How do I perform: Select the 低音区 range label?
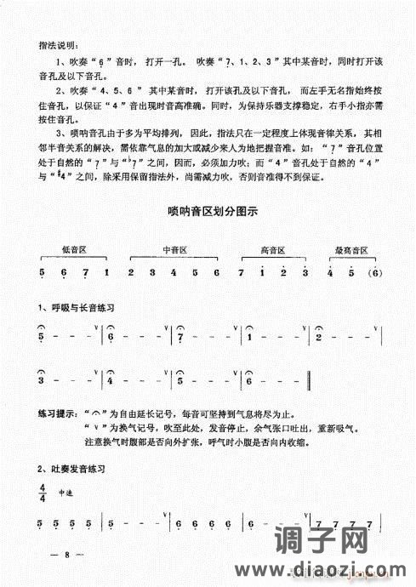click(75, 249)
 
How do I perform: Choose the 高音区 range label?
click(272, 249)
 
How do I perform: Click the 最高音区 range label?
click(352, 249)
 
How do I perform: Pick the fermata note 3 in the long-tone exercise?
click(42, 380)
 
